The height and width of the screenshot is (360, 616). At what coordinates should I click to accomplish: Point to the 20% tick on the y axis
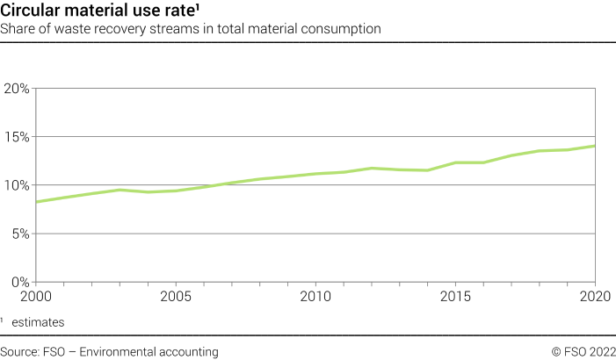tap(18, 89)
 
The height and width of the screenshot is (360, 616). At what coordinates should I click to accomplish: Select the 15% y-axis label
tap(18, 137)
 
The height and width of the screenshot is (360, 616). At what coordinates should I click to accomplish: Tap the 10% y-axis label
tap(18, 185)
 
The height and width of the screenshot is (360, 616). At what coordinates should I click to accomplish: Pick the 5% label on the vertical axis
tap(20, 234)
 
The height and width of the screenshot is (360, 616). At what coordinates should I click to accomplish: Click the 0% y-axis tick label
tap(20, 282)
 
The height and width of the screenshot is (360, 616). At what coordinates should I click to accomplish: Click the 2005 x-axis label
tap(177, 296)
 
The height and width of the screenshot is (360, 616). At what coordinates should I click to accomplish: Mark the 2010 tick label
tap(315, 296)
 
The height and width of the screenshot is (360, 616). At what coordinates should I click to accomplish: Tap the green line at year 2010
tap(315, 174)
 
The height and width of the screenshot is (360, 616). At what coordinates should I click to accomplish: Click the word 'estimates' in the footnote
tap(38, 322)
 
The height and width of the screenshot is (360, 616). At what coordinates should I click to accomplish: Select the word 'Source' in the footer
tap(20, 351)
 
